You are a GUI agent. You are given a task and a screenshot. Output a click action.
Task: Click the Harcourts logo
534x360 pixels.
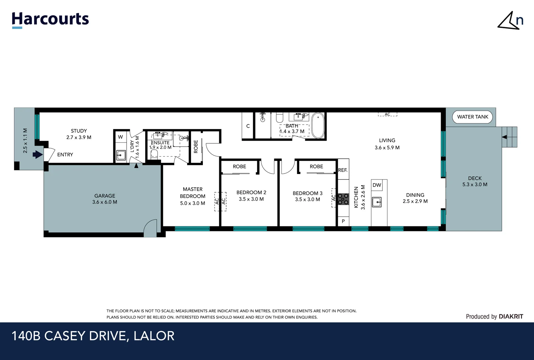(50, 20)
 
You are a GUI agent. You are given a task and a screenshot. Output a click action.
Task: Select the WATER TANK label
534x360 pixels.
(472, 117)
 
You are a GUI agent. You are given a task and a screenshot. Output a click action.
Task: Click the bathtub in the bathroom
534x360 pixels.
(318, 125)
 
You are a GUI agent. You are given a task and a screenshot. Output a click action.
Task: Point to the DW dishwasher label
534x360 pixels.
(377, 185)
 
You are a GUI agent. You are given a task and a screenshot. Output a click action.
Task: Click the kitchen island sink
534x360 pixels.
(377, 202)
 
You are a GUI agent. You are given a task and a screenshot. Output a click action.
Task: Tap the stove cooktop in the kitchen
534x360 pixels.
(343, 199)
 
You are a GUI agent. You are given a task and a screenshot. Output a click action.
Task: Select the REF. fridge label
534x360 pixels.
(343, 170)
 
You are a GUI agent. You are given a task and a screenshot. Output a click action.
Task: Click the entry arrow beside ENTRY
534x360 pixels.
(37, 155)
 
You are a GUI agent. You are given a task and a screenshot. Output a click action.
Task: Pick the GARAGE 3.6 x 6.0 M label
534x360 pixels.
(105, 199)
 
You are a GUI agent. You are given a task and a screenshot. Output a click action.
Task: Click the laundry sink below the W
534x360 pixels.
(121, 155)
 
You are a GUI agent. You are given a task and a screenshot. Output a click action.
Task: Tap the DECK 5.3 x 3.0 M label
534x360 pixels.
(475, 181)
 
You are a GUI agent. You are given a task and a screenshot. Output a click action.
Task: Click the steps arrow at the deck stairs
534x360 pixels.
(504, 137)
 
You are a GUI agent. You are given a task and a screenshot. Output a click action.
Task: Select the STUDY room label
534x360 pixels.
(79, 134)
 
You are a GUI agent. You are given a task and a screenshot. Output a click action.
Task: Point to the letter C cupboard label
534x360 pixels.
(248, 126)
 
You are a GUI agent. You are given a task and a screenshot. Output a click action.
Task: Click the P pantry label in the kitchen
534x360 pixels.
(343, 221)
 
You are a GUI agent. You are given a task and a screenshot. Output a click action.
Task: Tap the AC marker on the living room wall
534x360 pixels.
(387, 114)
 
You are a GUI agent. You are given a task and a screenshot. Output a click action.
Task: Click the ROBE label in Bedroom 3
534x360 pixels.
(316, 167)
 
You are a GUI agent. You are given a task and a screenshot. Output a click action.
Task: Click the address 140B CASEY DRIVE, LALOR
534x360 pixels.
(93, 336)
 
